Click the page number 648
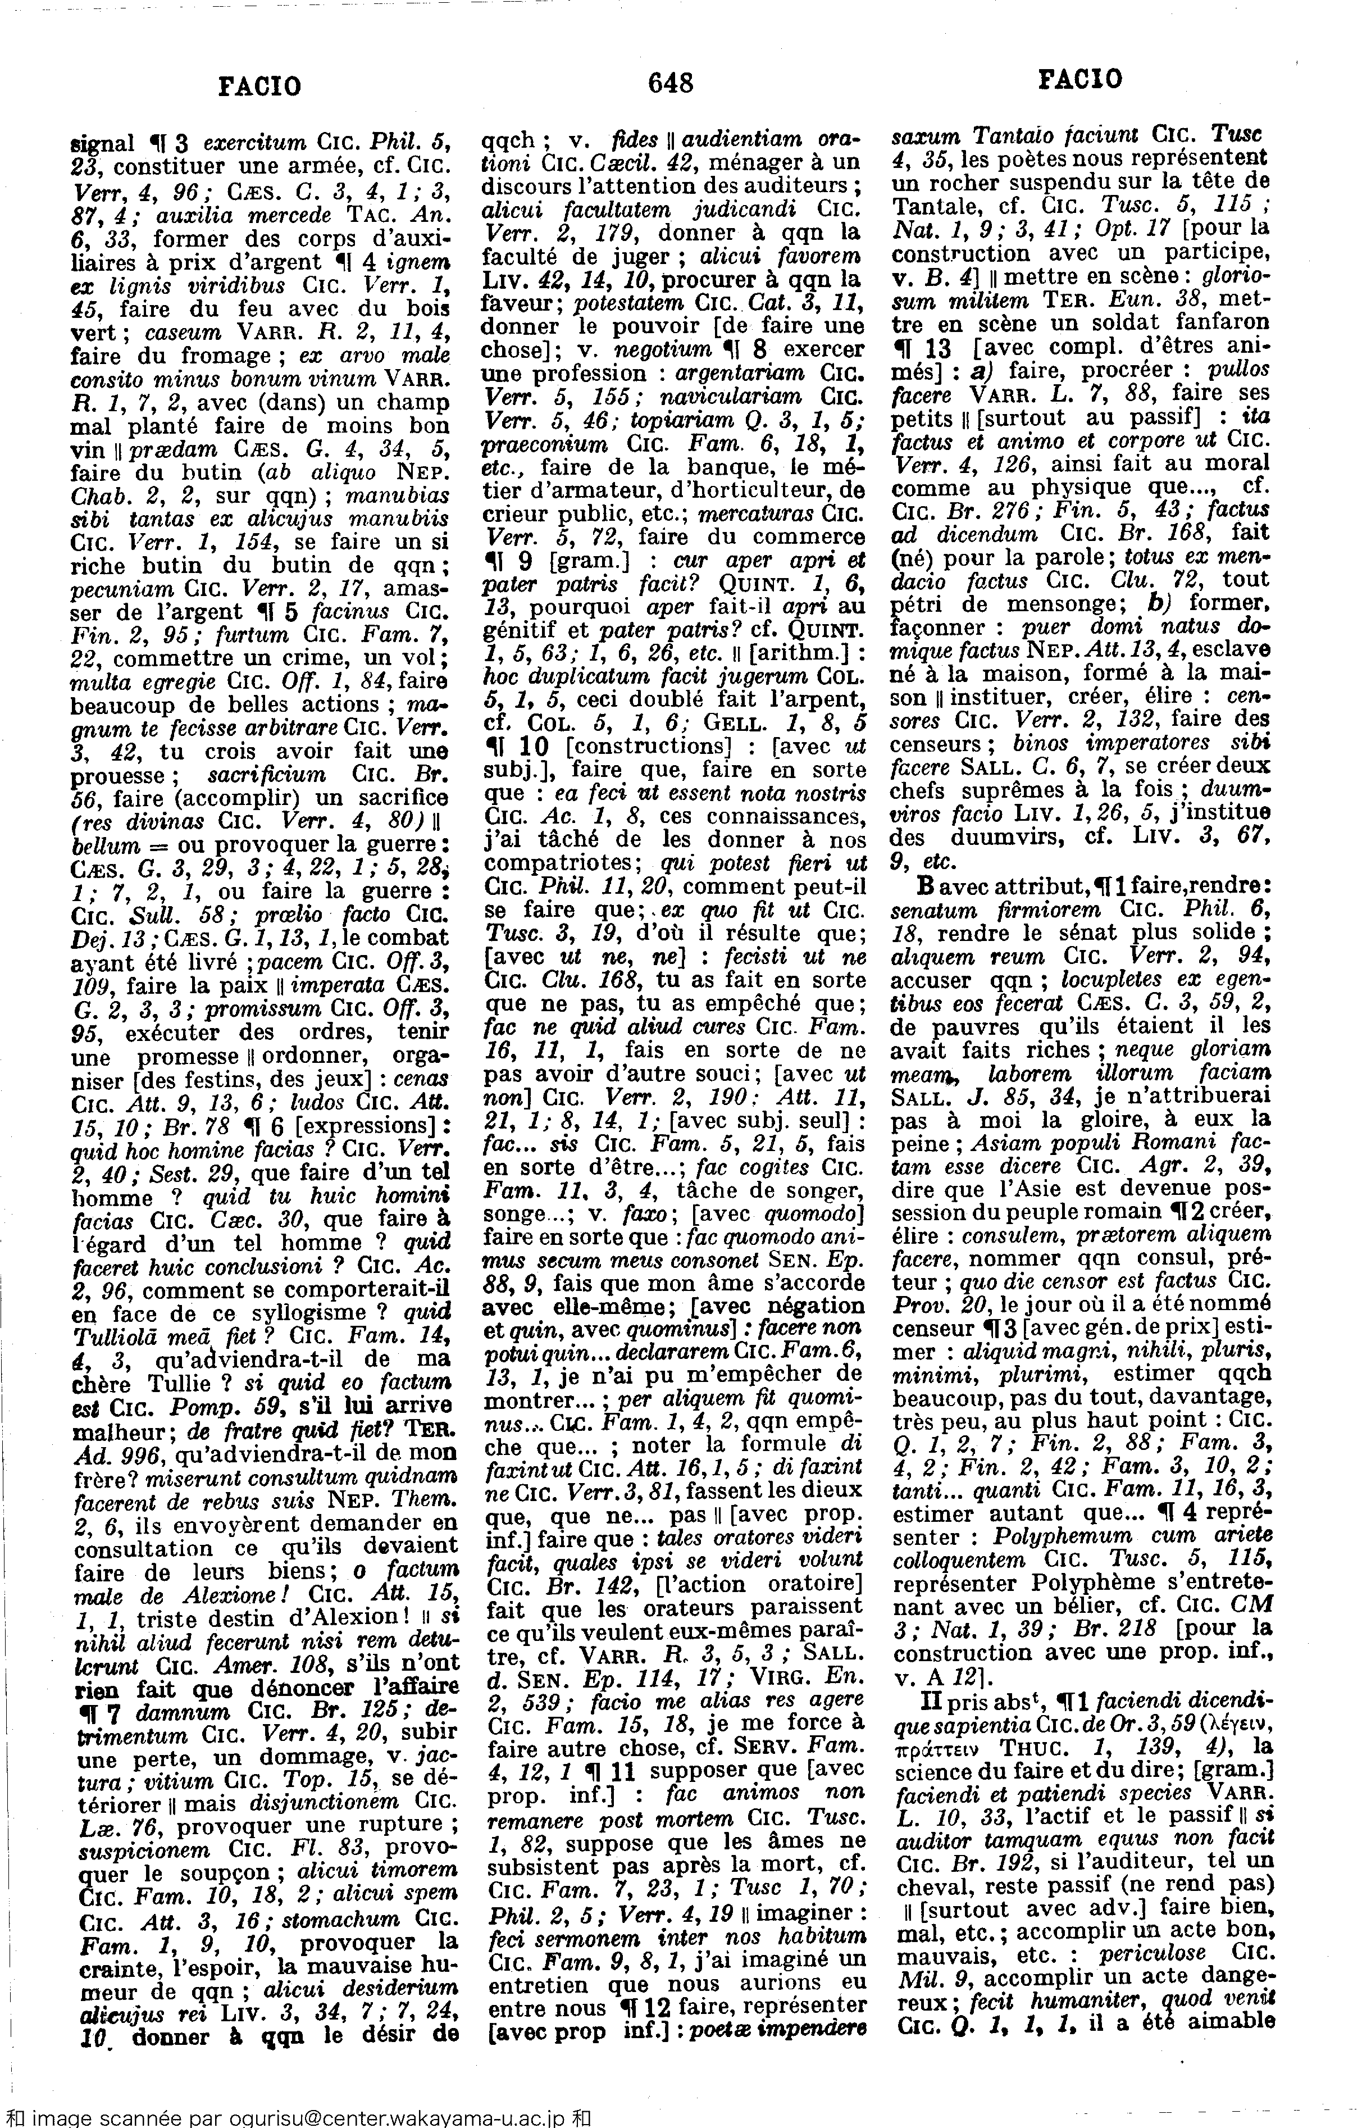pos(671,83)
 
